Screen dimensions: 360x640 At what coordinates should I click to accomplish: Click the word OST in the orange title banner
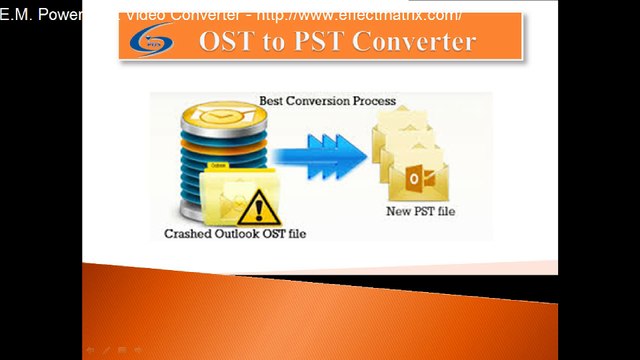228,41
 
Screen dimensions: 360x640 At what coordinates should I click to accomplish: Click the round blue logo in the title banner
152,42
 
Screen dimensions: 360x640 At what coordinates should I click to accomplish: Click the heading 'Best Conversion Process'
327,101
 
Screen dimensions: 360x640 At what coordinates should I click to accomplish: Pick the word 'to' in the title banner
279,42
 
